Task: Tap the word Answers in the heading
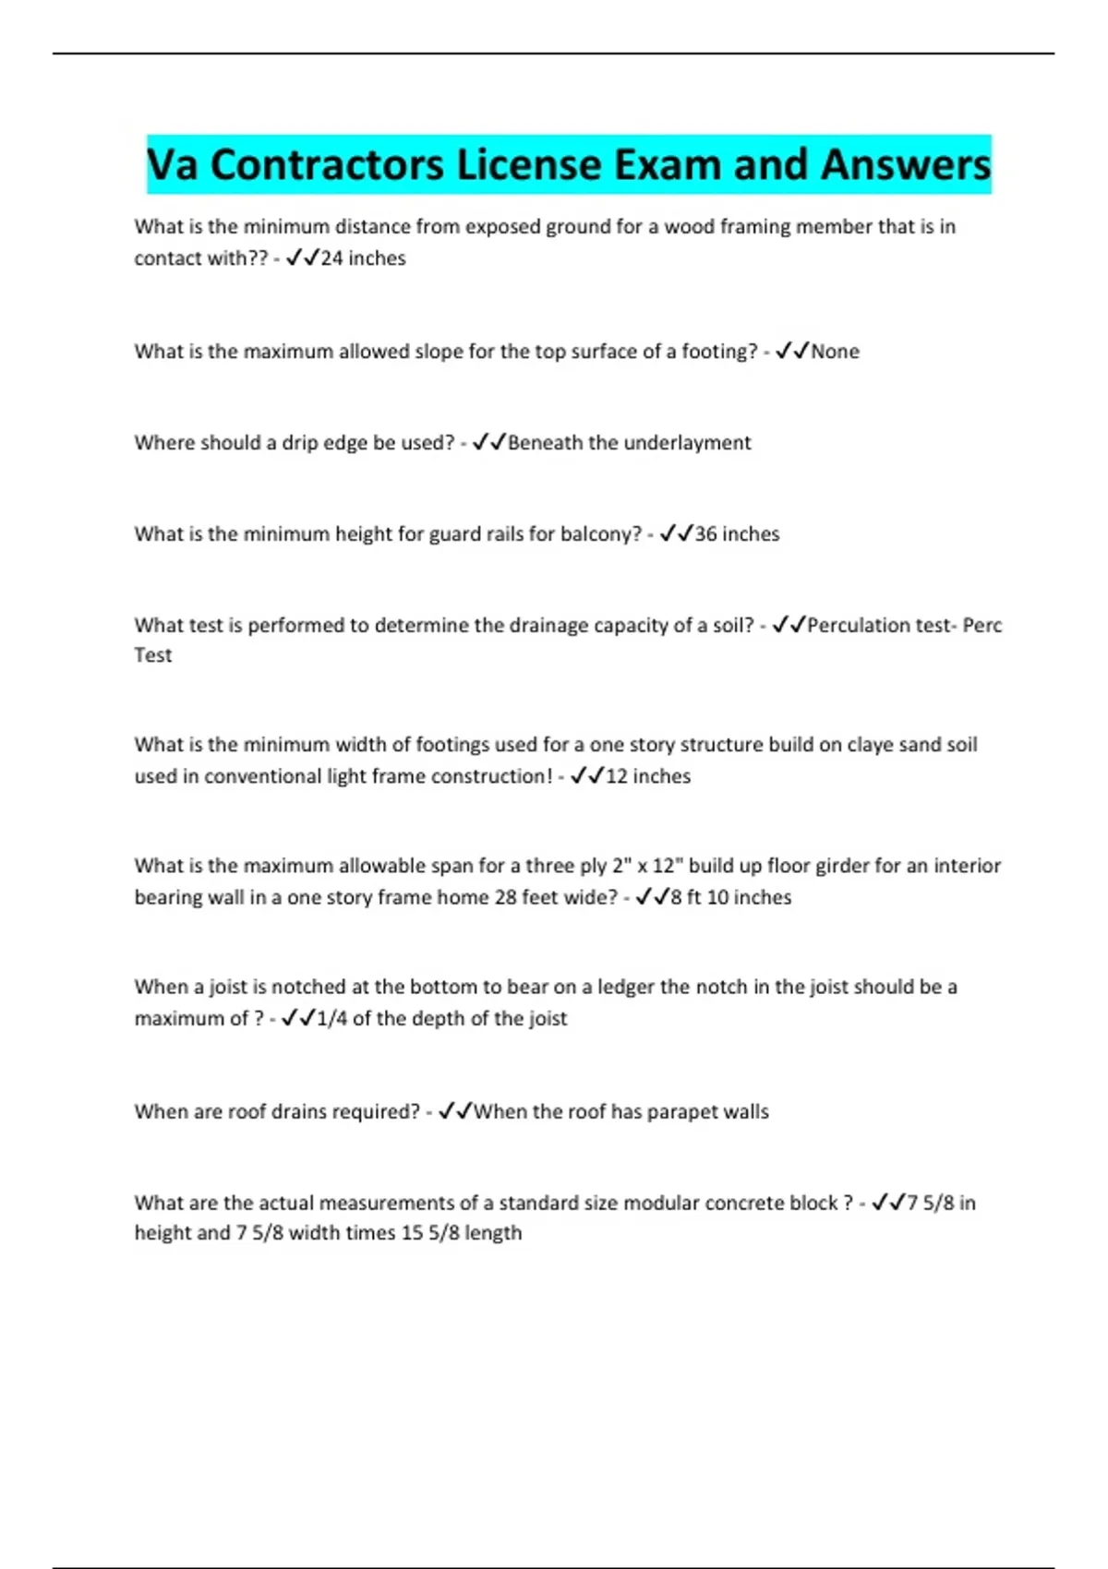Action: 905,164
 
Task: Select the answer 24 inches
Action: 363,258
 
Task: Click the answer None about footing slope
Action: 835,352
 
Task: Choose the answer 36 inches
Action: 737,534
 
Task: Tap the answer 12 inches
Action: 647,776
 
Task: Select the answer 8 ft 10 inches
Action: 730,897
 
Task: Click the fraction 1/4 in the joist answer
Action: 331,1019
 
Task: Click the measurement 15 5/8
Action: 429,1233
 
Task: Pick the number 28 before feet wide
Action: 506,897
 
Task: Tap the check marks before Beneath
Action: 489,443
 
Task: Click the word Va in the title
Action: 174,164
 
